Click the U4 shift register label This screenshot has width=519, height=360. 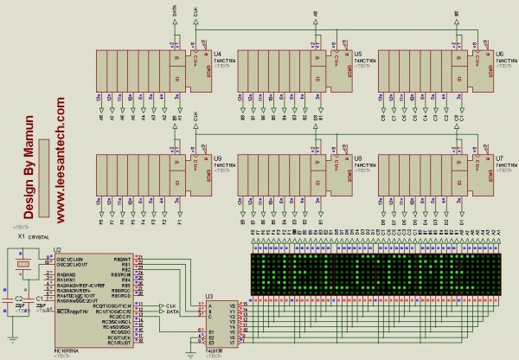[x=217, y=54]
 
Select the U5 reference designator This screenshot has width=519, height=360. [x=358, y=54]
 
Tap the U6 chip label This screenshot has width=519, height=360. [x=499, y=54]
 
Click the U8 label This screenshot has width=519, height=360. [x=358, y=158]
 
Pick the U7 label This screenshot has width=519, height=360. [x=499, y=158]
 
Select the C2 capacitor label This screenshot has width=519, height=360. [x=19, y=297]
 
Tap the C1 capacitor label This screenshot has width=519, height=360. [x=40, y=297]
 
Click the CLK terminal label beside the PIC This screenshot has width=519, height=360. [x=171, y=305]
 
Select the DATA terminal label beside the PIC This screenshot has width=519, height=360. [x=173, y=312]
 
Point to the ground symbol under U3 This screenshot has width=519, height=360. [x=191, y=350]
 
